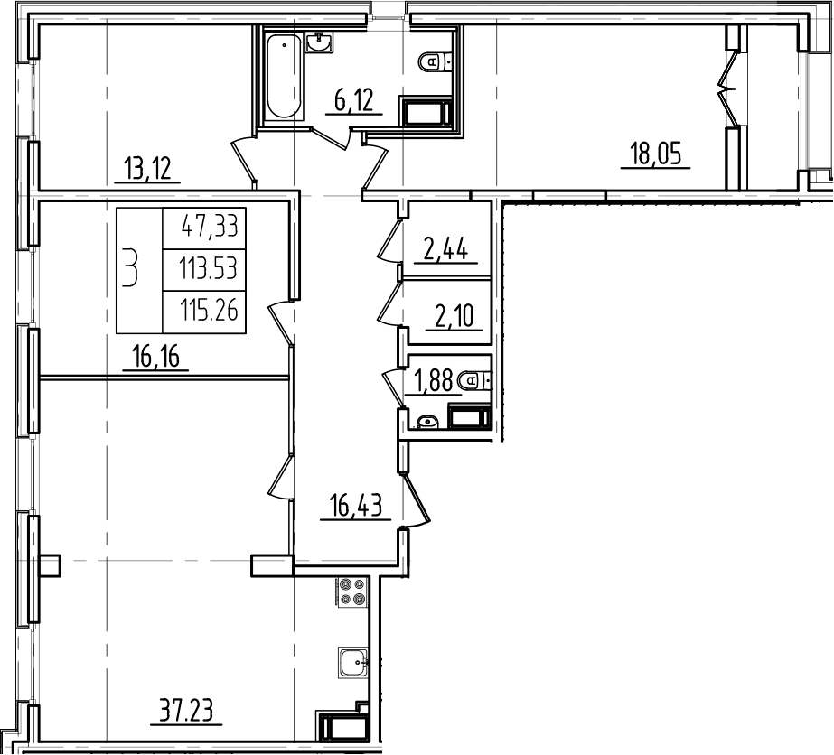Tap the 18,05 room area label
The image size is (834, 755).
pos(654,154)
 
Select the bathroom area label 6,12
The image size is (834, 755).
pos(354,100)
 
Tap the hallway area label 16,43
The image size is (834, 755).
pos(356,507)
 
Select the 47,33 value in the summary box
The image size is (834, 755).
pos(203,225)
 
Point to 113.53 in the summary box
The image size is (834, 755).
pos(203,267)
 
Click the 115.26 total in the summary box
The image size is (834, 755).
pos(203,310)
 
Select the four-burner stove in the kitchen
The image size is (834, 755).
pos(351,592)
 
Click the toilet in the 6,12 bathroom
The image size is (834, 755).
pos(436,61)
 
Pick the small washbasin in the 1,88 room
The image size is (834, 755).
pos(426,421)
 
